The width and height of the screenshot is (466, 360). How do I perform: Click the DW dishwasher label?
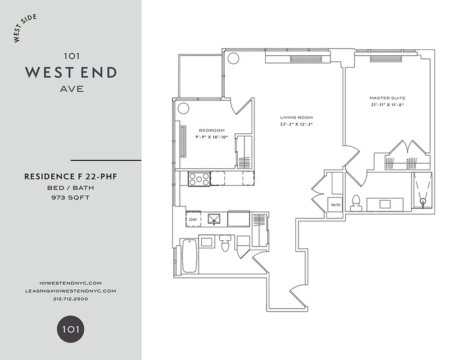(193, 219)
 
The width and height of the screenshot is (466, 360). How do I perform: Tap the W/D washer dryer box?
(336, 205)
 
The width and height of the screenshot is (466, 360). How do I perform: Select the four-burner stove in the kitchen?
(199, 179)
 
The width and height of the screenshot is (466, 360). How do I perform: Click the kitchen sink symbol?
(215, 219)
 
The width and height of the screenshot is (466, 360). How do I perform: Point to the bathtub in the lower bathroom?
(189, 256)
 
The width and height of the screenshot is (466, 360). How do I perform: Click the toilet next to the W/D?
(357, 203)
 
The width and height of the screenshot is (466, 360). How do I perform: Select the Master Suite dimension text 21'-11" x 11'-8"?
(387, 104)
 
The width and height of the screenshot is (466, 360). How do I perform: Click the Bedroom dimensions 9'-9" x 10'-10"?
(212, 137)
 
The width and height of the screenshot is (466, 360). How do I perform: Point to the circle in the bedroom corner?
(183, 108)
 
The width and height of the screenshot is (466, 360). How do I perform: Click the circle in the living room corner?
(233, 58)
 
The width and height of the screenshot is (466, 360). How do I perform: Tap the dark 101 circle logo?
(71, 329)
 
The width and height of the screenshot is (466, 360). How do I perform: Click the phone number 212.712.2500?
(71, 298)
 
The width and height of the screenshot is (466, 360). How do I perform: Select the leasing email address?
(71, 291)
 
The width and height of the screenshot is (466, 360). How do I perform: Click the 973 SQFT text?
(71, 197)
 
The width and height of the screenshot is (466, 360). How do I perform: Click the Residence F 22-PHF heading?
(71, 177)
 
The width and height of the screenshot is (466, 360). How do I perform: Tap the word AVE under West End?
(72, 89)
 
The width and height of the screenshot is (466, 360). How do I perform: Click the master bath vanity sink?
(385, 204)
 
